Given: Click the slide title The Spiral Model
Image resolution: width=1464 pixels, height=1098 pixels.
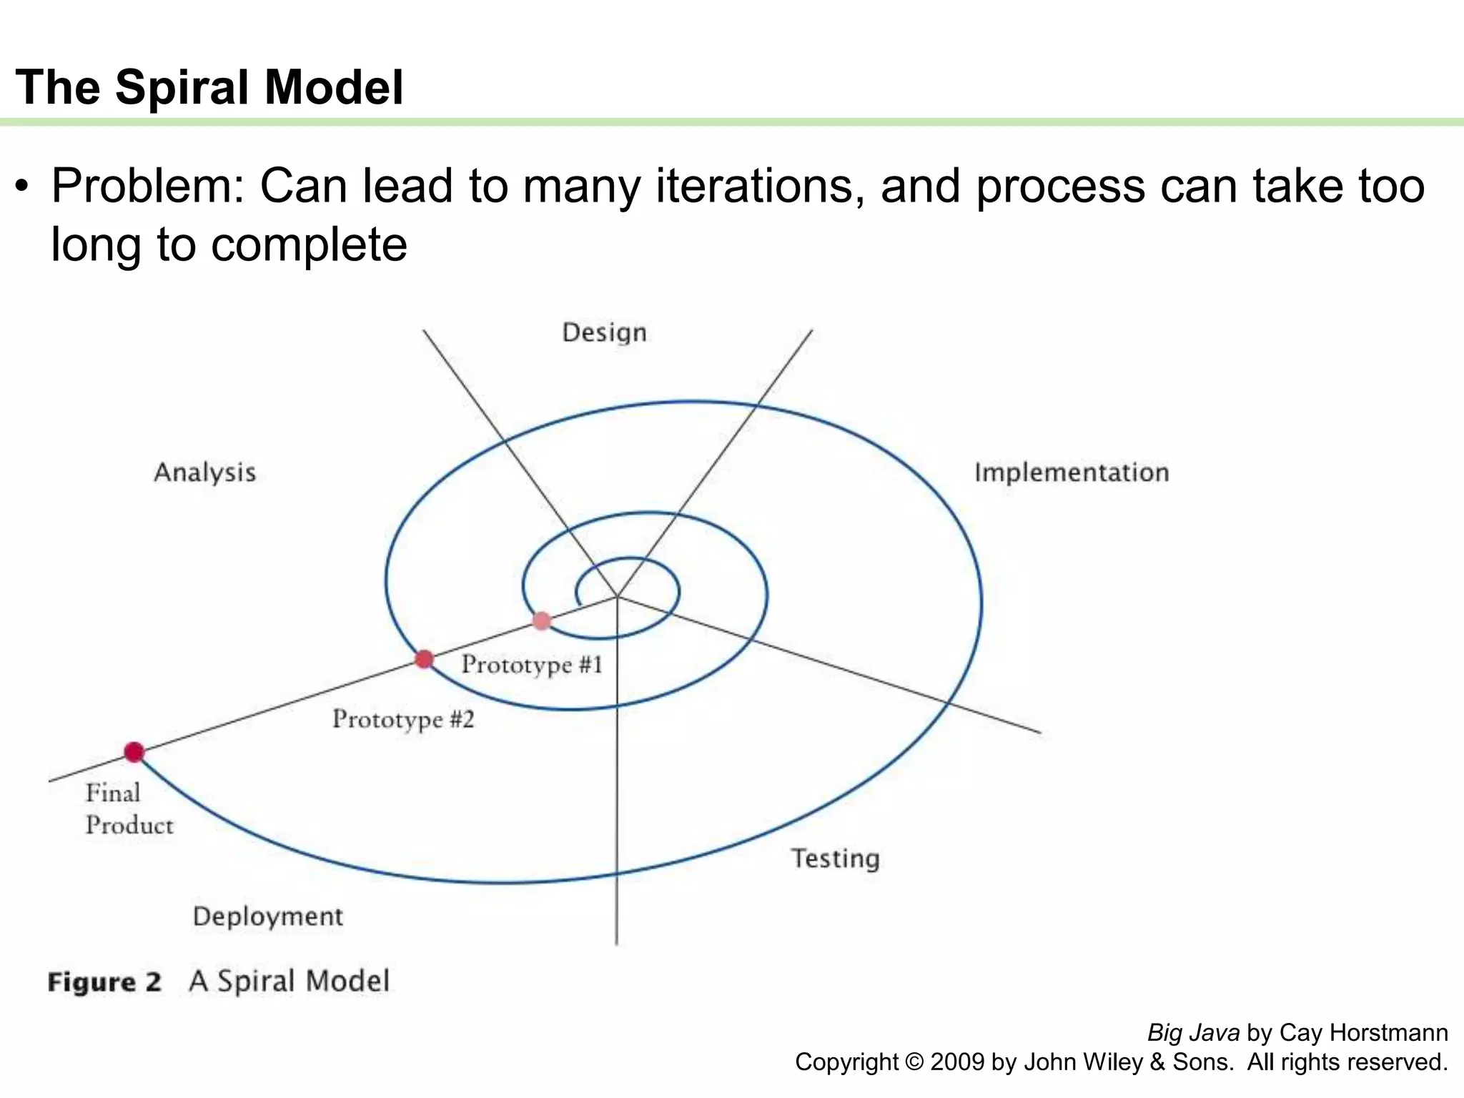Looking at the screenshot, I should (x=209, y=87).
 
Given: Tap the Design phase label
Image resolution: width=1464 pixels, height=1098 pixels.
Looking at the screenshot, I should (x=604, y=333).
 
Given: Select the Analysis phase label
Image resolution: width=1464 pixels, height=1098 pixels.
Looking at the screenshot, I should (x=205, y=473).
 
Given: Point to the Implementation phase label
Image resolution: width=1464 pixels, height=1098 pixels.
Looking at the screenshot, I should (x=1072, y=473).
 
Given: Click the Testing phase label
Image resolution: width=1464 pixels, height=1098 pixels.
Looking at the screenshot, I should (x=835, y=859).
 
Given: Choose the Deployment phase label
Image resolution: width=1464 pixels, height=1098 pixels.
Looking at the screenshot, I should (x=268, y=916).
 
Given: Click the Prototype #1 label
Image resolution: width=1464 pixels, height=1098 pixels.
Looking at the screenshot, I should (x=532, y=665).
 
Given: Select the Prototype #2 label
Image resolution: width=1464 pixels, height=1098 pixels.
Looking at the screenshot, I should (x=403, y=719).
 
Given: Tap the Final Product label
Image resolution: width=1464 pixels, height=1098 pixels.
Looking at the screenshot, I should (x=129, y=809).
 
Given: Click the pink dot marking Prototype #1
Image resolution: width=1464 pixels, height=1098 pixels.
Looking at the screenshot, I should (x=542, y=620).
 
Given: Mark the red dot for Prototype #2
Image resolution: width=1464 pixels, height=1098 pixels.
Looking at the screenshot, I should (x=424, y=658).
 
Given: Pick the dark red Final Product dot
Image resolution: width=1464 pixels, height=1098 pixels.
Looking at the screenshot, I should (x=134, y=752).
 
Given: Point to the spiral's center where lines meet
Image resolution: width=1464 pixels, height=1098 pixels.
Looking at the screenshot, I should (x=617, y=595).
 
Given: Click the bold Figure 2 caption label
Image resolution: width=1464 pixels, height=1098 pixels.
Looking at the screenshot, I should (x=104, y=982).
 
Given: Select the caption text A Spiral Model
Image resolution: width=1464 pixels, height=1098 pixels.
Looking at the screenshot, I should (x=290, y=981).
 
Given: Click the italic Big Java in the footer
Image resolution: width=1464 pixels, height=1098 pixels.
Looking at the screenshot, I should (x=1193, y=1033).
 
